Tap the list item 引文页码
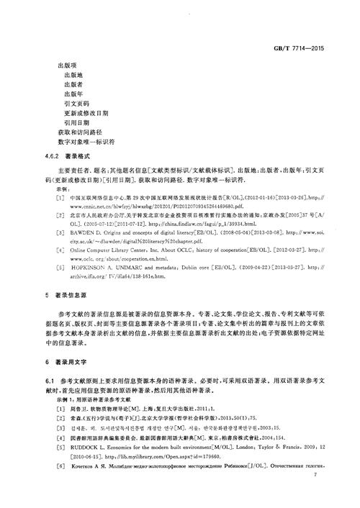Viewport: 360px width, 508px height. click(78, 104)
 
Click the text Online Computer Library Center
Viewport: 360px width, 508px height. click(107, 250)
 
